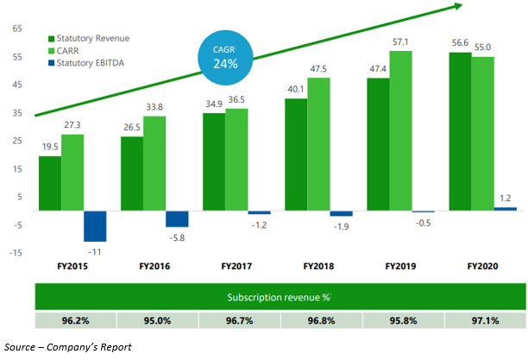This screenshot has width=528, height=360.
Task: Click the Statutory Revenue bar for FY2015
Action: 50,183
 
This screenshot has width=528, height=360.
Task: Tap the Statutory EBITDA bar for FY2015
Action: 95,226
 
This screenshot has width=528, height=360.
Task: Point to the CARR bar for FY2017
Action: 236,159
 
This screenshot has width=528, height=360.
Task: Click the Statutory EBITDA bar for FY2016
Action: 177,218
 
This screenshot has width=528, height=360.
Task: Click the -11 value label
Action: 95,251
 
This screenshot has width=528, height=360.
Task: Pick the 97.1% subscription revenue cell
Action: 485,321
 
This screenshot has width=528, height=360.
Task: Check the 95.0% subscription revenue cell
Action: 156,321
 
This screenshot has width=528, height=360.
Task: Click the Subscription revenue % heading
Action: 280,298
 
